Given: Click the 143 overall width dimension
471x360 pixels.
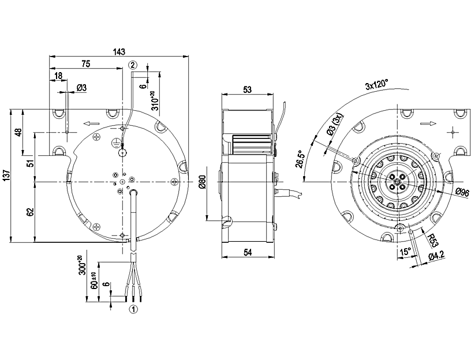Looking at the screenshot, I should [119, 52].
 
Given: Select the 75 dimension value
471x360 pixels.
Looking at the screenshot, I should [85, 63].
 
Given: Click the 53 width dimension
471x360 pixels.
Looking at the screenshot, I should [248, 89].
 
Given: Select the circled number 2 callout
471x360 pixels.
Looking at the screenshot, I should [133, 65].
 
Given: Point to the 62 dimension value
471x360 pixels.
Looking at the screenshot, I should [30, 212].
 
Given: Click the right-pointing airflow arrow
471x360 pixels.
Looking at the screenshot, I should [427, 123].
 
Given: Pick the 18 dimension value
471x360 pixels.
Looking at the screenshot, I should [58, 76].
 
